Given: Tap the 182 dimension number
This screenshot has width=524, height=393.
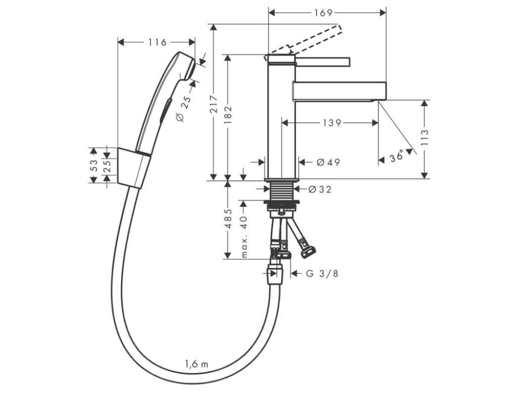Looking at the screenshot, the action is tap(228, 117).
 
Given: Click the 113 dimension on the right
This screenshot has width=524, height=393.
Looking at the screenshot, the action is tap(424, 139).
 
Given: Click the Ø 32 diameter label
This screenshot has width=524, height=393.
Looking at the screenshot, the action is tap(320, 189).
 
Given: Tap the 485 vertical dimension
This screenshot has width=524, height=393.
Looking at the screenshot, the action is tap(228, 219).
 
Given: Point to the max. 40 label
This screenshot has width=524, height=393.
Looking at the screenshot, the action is tap(244, 236).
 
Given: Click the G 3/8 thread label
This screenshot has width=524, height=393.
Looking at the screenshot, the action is tap(322, 273).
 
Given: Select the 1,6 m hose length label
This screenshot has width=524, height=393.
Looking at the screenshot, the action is tap(196, 364).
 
